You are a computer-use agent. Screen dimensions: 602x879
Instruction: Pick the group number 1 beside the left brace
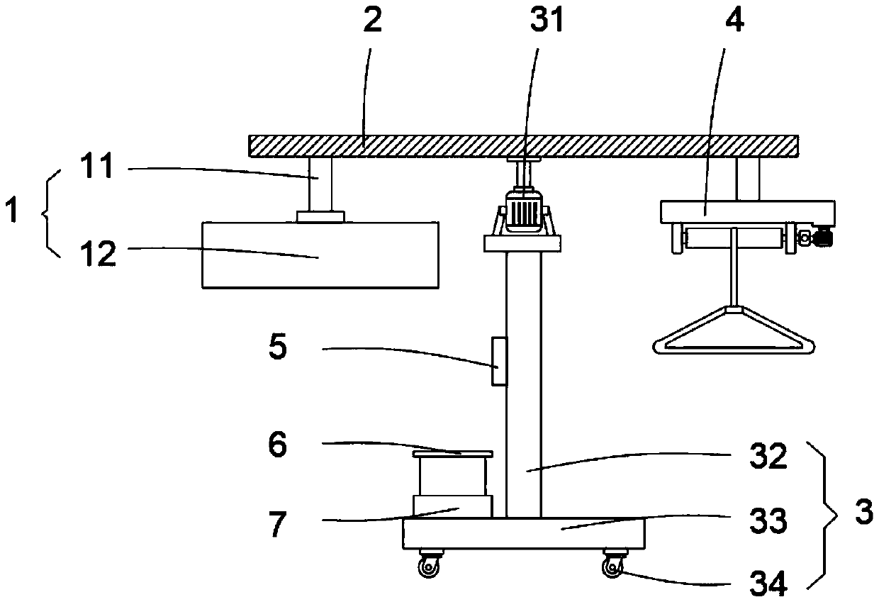point(11,212)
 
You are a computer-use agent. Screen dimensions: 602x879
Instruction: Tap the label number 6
point(277,446)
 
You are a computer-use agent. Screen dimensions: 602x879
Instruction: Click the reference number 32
point(769,457)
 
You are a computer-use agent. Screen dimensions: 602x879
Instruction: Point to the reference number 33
point(768,521)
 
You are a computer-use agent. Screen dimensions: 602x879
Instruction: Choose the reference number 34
point(768,584)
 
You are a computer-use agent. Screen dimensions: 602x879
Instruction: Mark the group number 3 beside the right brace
point(863,512)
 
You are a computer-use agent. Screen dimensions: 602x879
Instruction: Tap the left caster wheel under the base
point(429,567)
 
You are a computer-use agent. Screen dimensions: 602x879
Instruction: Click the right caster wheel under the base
point(611,567)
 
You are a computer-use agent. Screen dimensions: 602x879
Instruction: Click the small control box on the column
point(499,362)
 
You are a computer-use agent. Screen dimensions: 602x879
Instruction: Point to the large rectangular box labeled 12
point(320,255)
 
